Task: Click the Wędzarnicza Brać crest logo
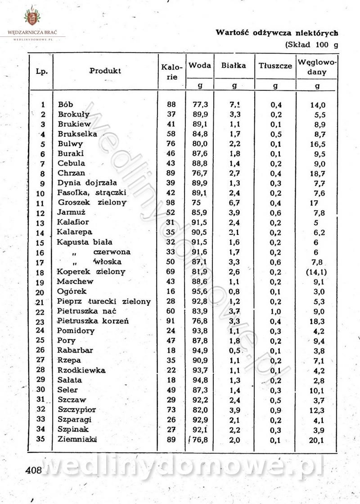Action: (31, 18)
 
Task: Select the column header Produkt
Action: (105, 71)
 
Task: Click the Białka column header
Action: (234, 65)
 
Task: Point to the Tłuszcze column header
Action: (275, 66)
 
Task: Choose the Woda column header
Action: (200, 65)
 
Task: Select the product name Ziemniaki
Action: (77, 439)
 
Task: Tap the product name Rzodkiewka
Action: (81, 370)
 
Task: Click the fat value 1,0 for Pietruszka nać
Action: (275, 311)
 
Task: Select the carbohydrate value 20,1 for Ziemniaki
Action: (317, 440)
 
